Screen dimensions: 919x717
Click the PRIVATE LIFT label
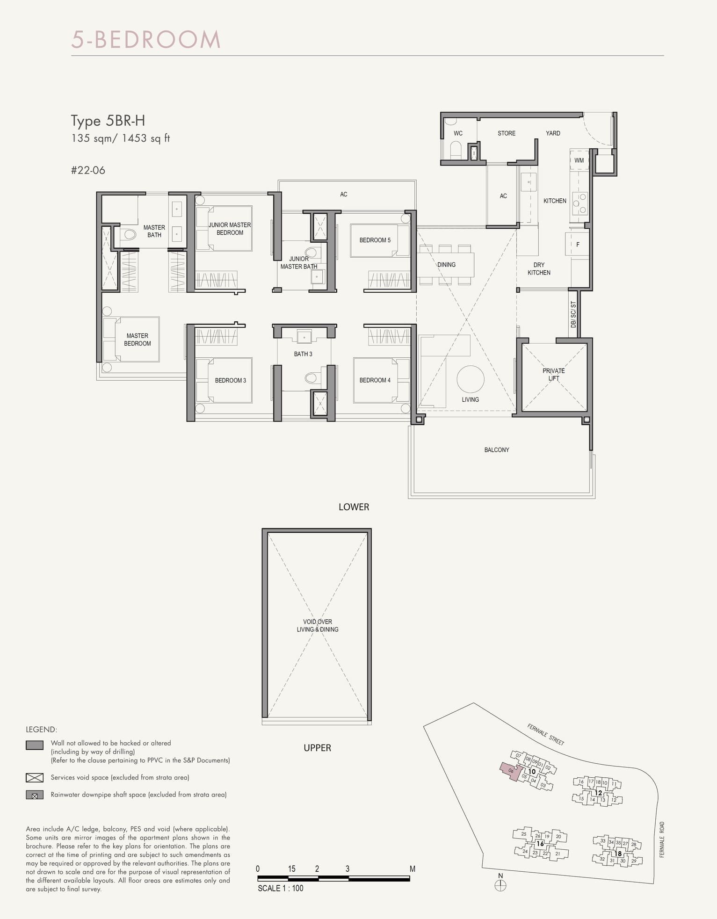[x=553, y=374]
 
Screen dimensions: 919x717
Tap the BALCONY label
[x=496, y=450]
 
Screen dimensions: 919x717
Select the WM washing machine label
[x=579, y=160]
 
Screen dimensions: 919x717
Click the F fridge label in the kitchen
[x=578, y=245]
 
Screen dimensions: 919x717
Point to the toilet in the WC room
[x=456, y=150]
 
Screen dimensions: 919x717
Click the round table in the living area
[x=470, y=379]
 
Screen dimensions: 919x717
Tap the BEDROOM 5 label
[x=375, y=240]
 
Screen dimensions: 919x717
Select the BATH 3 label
[x=303, y=354]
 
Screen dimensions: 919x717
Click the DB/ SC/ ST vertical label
[x=573, y=314]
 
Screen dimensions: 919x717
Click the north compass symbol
[x=500, y=885]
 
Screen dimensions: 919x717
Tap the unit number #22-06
[x=88, y=170]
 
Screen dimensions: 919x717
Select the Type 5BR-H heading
[x=108, y=121]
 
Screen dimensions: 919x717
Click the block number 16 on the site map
[x=540, y=843]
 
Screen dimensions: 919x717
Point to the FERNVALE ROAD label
[x=662, y=839]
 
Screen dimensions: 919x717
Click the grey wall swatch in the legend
[x=35, y=745]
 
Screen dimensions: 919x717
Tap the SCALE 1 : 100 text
[x=280, y=888]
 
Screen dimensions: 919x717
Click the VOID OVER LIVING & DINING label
[x=318, y=626]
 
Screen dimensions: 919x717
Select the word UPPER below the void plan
[x=317, y=748]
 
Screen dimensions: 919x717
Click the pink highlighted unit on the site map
[x=510, y=771]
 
